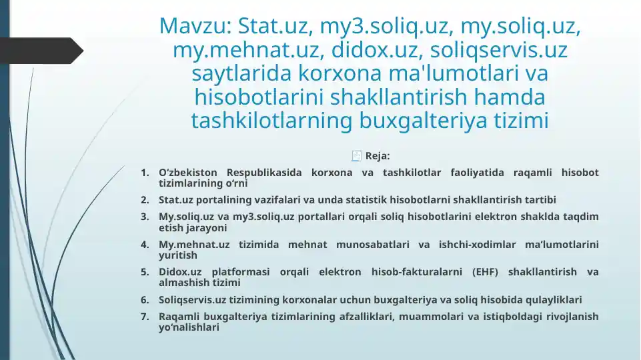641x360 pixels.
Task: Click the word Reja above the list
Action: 378,156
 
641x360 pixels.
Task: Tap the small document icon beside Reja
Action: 357,156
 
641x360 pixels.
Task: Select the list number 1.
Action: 145,173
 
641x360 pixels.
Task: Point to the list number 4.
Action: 145,245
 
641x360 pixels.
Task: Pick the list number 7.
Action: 145,317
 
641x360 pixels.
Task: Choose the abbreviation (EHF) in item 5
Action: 484,272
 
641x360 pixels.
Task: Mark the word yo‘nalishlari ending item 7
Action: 189,327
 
